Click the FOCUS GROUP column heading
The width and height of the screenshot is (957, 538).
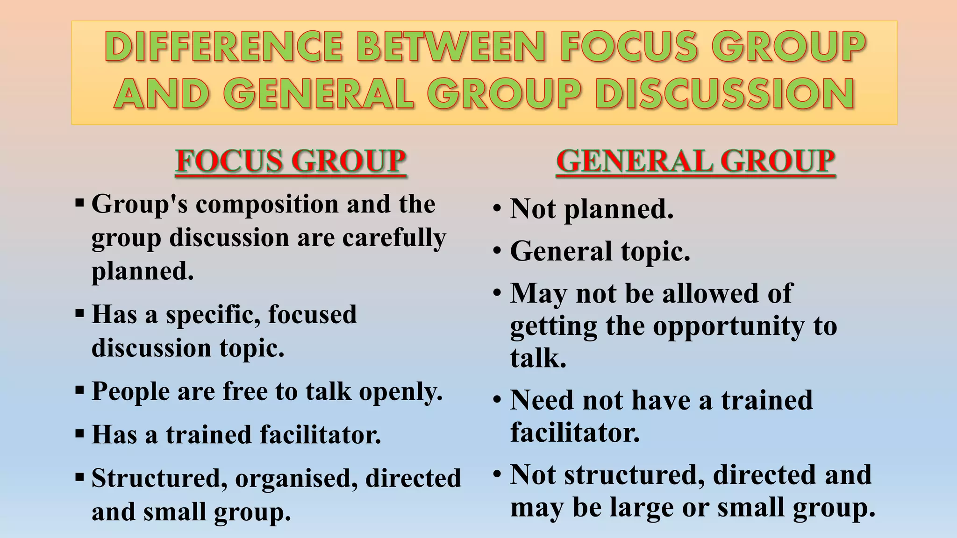tap(291, 161)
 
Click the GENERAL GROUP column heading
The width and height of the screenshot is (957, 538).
tap(695, 161)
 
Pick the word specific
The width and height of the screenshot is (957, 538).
tap(213, 314)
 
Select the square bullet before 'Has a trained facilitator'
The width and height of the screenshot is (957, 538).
tap(79, 434)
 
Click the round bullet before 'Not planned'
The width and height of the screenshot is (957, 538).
tap(497, 208)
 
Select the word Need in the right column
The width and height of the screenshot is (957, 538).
tap(542, 400)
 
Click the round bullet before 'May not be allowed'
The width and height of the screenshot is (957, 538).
tap(497, 293)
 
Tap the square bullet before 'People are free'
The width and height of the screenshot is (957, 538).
tap(79, 390)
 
